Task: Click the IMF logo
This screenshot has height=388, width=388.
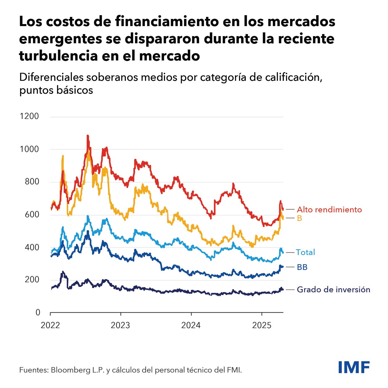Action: (x=354, y=367)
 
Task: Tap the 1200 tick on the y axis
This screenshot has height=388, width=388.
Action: (x=29, y=116)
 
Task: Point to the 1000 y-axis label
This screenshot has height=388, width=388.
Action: (x=29, y=149)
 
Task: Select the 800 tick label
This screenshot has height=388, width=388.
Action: (x=31, y=181)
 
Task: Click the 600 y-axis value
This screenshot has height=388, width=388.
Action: (x=31, y=214)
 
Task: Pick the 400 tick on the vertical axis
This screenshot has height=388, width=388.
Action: (x=31, y=247)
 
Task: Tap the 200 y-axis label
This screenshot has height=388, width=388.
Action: (x=31, y=280)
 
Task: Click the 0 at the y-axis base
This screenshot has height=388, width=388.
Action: (x=38, y=312)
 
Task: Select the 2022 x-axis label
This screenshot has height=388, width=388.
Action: (x=50, y=325)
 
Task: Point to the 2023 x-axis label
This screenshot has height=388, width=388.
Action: (x=120, y=325)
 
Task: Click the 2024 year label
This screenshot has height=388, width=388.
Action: (x=191, y=325)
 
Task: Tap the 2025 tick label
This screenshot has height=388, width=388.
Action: (x=261, y=325)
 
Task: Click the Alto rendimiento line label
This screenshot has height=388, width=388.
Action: (x=329, y=209)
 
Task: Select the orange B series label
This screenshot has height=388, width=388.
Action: (x=299, y=218)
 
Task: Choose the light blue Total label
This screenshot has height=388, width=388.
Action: (x=305, y=252)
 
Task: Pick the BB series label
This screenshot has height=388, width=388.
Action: (x=302, y=267)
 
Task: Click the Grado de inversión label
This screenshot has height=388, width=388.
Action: (x=333, y=289)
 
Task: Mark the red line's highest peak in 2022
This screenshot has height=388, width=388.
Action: (x=88, y=136)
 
